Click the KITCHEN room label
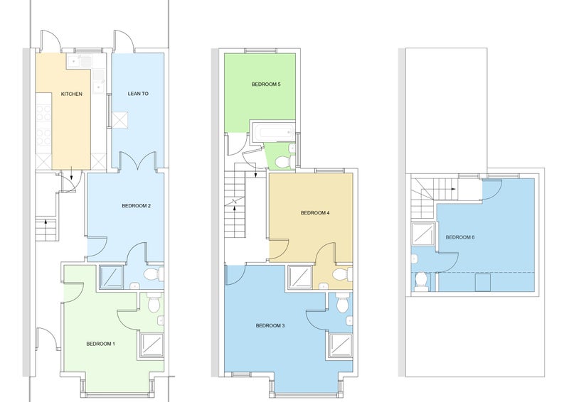(72, 94)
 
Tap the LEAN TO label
(138, 94)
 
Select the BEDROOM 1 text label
(100, 344)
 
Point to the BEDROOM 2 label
(136, 206)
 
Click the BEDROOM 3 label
(270, 325)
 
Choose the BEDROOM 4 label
(315, 213)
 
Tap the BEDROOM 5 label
(266, 85)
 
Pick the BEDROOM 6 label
(460, 237)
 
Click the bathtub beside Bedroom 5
(272, 132)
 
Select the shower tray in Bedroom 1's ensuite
(152, 345)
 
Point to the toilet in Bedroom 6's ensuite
(421, 282)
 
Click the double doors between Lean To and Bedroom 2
(138, 162)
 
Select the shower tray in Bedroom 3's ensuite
(341, 345)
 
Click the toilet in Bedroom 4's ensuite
(342, 274)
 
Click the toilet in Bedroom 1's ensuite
(154, 303)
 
